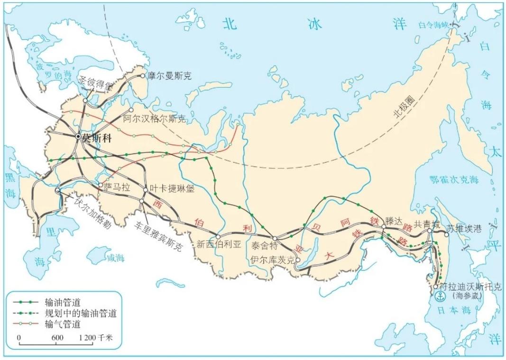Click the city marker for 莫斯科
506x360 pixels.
coord(78,136)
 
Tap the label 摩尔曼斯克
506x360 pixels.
coord(169,75)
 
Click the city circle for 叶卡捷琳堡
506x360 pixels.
coord(146,190)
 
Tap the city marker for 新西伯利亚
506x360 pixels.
coord(218,236)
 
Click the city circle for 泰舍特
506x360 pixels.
coord(275,238)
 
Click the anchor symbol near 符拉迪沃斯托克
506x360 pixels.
coord(441,297)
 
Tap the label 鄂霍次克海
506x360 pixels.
coord(453,180)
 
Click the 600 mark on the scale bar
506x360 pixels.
coord(57,337)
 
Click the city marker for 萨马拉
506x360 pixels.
coord(101,185)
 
